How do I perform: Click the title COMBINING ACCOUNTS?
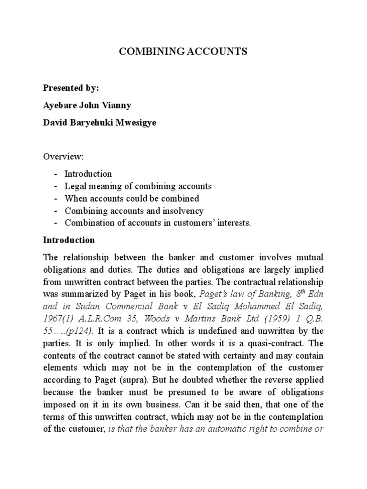tap(183, 52)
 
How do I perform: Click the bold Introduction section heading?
tap(69, 240)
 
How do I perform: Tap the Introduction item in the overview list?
tap(88, 173)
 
